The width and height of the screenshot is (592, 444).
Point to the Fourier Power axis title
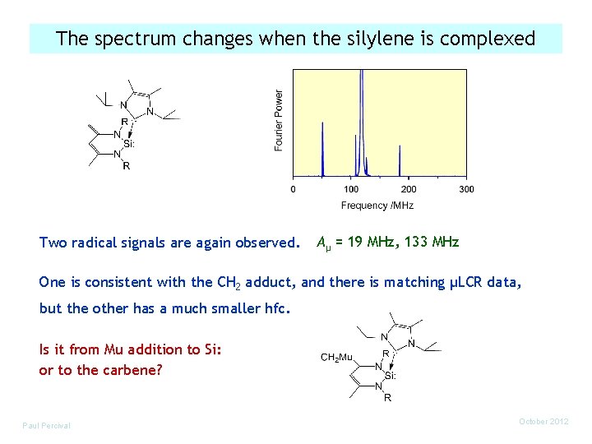(279, 120)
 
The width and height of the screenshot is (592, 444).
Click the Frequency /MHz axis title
(377, 205)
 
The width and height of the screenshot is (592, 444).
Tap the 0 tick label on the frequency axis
(294, 189)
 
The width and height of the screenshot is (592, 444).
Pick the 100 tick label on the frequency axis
(351, 189)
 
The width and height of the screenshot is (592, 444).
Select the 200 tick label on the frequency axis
(409, 189)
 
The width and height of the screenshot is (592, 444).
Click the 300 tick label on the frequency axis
(466, 189)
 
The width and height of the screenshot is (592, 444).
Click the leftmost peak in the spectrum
(323, 148)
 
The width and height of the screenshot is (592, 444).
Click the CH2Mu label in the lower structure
(337, 358)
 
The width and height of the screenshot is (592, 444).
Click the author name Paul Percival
(47, 425)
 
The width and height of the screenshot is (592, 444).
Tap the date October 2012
(543, 422)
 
